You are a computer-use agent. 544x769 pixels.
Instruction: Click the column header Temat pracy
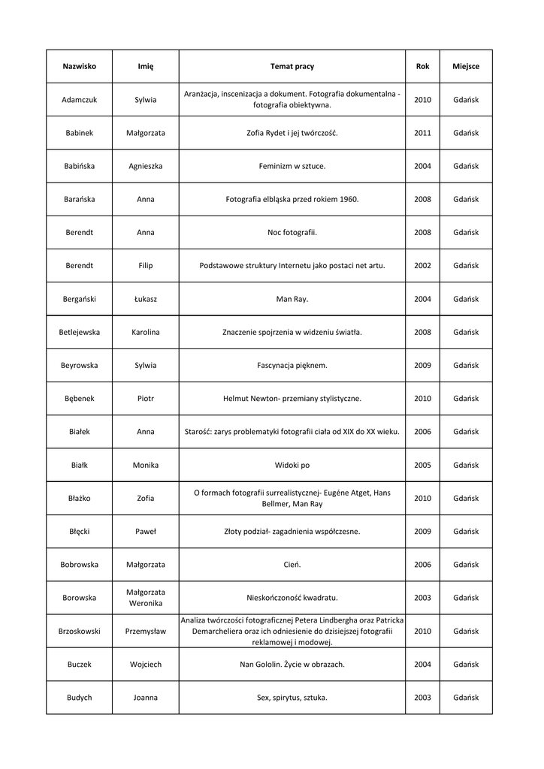[292, 66]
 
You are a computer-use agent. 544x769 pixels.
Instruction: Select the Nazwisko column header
[79, 66]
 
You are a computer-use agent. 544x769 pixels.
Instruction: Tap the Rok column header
[422, 66]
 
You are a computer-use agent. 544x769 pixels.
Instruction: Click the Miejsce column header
[466, 66]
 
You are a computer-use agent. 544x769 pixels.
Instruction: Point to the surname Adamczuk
[79, 100]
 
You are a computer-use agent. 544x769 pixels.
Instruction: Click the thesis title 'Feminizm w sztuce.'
[292, 166]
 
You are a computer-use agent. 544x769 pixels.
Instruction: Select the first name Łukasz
[145, 299]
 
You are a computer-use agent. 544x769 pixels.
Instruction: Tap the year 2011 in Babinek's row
[422, 133]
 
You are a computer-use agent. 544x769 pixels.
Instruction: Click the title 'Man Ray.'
[292, 299]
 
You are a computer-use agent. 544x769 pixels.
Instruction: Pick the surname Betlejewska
[79, 332]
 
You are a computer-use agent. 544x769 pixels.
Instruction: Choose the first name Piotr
[145, 399]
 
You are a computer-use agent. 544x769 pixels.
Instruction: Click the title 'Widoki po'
[292, 465]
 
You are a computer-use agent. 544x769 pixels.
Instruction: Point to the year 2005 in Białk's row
[422, 465]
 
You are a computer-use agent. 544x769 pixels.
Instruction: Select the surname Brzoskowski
[79, 632]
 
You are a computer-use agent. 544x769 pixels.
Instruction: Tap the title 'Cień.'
[292, 565]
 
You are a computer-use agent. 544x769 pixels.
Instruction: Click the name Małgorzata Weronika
[145, 598]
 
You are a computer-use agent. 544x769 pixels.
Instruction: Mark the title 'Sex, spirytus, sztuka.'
[292, 698]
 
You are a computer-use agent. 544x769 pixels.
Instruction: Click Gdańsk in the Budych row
[466, 698]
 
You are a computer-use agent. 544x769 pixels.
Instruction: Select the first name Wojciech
[145, 665]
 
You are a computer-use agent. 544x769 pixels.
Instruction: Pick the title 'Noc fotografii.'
[292, 233]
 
